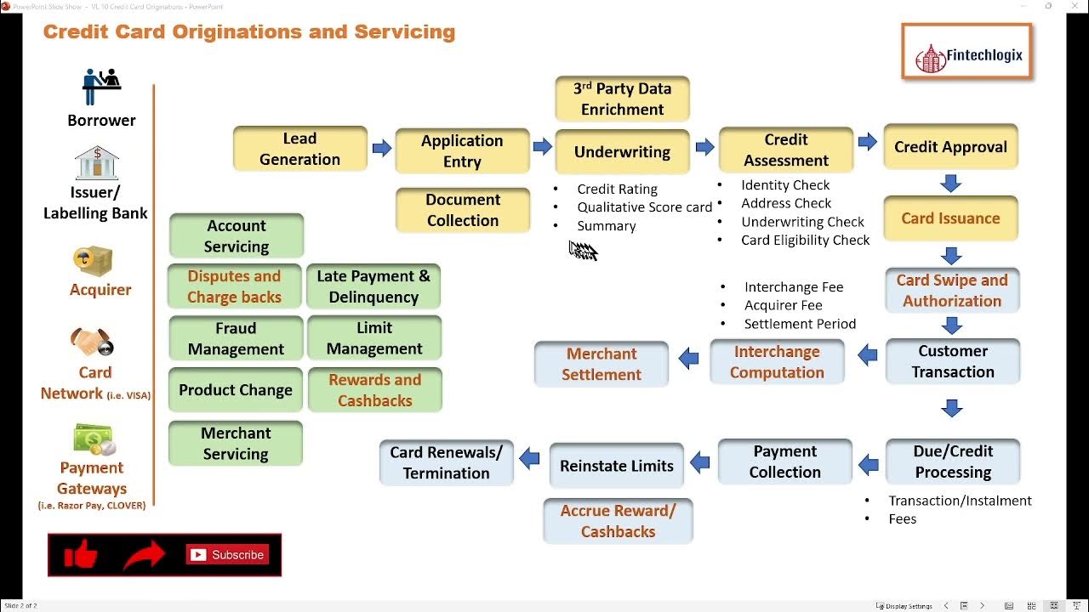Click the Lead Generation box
click(x=299, y=149)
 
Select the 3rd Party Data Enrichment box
click(x=622, y=99)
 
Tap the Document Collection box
click(x=462, y=210)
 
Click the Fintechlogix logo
click(x=967, y=53)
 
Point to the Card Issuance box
click(x=950, y=218)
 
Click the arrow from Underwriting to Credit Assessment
click(x=704, y=148)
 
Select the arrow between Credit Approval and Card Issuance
click(x=950, y=183)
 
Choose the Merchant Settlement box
click(x=601, y=364)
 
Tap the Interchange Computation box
click(x=777, y=362)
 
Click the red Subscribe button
click(x=228, y=555)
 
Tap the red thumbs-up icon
click(x=81, y=555)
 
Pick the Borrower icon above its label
click(x=101, y=87)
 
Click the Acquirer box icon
click(x=93, y=261)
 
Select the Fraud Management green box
click(x=236, y=338)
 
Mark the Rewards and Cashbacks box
click(x=374, y=390)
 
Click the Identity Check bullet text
click(x=784, y=185)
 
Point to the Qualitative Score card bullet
click(x=644, y=207)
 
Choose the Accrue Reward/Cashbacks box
click(x=618, y=521)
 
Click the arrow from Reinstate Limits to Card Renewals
click(x=529, y=459)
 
